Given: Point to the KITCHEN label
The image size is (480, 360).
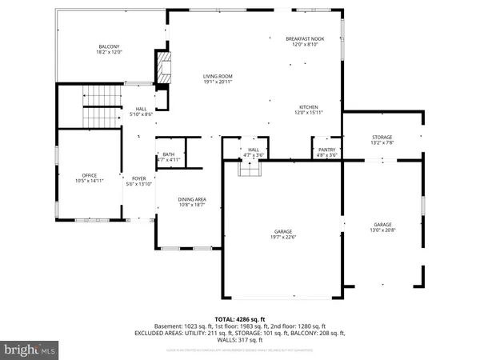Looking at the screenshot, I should (x=309, y=106).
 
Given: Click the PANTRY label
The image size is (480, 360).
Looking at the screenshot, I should (x=326, y=149).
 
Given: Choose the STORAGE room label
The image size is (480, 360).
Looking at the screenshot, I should (x=381, y=138).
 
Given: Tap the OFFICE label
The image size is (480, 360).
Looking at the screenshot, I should (x=89, y=175).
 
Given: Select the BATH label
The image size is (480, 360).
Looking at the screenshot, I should (x=168, y=154).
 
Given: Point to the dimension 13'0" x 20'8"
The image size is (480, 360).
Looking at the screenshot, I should (x=383, y=230).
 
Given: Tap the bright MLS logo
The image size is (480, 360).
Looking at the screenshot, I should (x=30, y=350).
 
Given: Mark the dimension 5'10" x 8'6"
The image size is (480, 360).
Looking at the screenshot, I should (x=141, y=114).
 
